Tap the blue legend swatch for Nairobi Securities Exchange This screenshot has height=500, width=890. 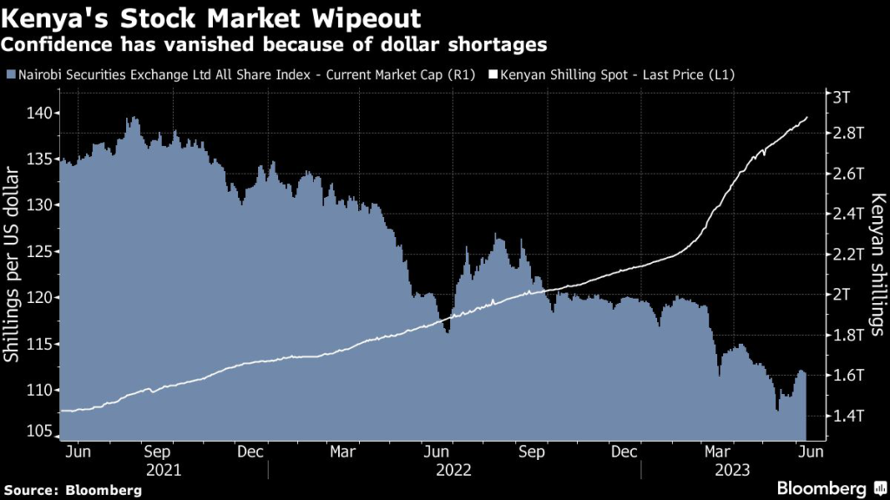pyautogui.click(x=10, y=75)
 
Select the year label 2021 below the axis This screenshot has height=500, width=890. pyautogui.click(x=164, y=470)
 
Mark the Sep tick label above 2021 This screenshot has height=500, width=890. pyautogui.click(x=157, y=451)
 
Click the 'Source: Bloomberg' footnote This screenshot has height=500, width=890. pyautogui.click(x=71, y=490)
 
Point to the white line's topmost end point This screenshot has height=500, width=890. pyautogui.click(x=807, y=117)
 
